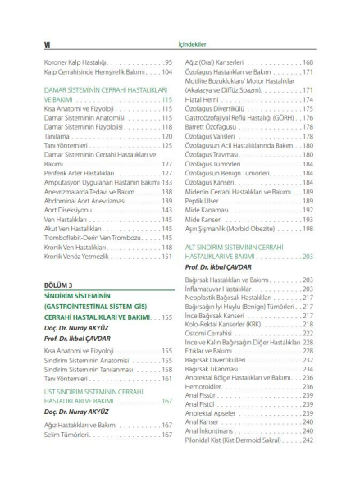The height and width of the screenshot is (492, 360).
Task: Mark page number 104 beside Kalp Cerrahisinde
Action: coord(165,72)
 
